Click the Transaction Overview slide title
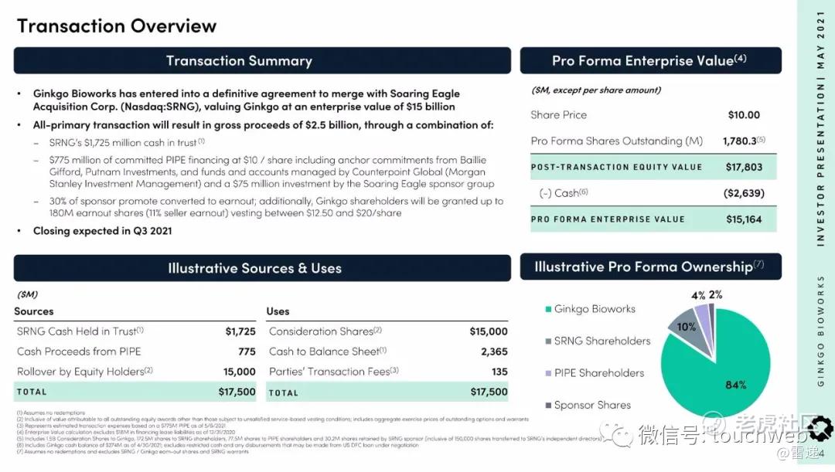117,25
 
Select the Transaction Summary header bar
262,61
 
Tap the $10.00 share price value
744,115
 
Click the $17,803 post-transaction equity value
744,167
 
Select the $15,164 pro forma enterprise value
744,219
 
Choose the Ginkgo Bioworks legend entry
595,309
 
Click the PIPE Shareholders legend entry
598,373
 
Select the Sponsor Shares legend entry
592,405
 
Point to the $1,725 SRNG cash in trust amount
240,331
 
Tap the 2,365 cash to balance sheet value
494,351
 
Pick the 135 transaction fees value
499,372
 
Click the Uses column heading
278,311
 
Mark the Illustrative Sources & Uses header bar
262,268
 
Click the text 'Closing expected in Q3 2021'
102,231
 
